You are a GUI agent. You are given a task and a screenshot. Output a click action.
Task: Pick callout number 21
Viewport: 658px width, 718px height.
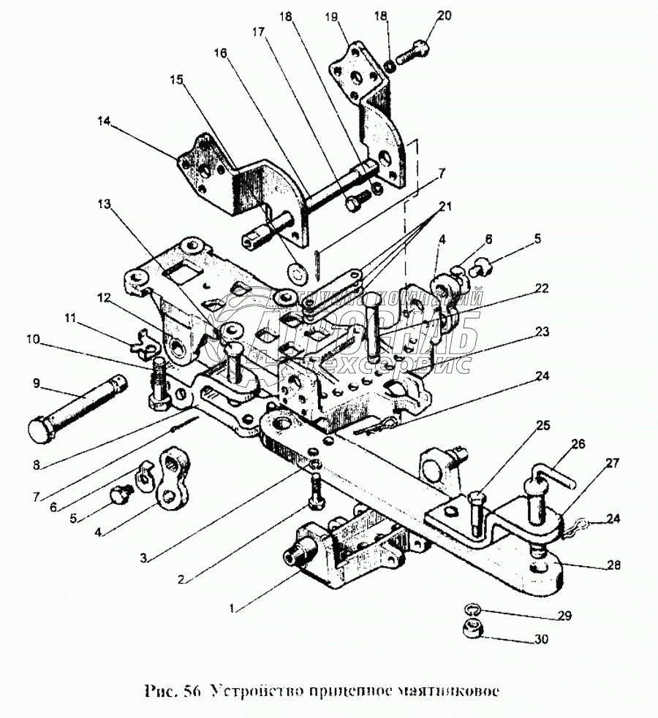click(x=444, y=207)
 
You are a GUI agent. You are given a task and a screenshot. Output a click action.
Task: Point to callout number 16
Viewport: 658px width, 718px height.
click(x=221, y=53)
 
